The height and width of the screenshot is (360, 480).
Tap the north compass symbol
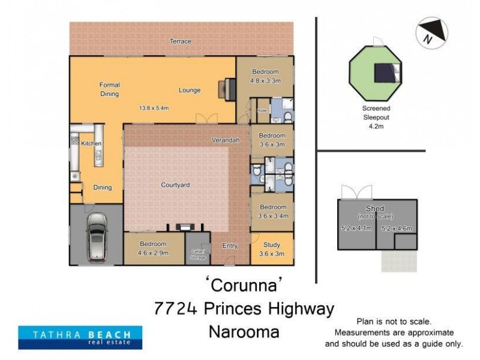431,33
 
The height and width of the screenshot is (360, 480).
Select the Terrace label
180,41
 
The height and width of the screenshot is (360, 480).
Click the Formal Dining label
109,89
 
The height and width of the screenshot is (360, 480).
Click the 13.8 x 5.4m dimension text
154,108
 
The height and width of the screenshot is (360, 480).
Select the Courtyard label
175,185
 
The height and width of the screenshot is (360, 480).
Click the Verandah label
226,140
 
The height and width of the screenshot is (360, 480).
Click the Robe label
262,111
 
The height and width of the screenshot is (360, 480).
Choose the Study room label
272,249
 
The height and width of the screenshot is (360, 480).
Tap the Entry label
230,246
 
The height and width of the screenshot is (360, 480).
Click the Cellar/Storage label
198,254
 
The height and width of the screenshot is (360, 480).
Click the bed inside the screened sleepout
384,73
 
